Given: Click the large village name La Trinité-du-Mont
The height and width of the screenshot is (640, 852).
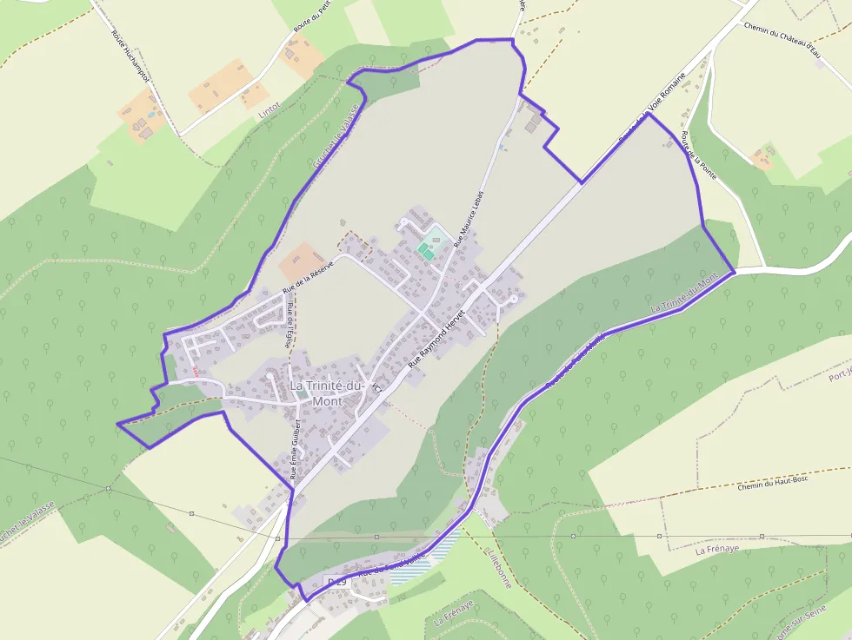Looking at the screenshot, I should pyautogui.click(x=327, y=393).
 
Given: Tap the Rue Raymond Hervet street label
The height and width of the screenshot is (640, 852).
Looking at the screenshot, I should pyautogui.click(x=437, y=339).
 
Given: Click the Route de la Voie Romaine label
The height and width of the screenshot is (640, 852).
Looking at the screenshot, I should pyautogui.click(x=652, y=109).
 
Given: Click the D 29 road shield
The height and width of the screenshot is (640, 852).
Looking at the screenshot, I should pyautogui.click(x=336, y=580).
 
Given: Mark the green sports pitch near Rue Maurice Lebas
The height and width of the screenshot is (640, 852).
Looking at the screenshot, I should pyautogui.click(x=425, y=250).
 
